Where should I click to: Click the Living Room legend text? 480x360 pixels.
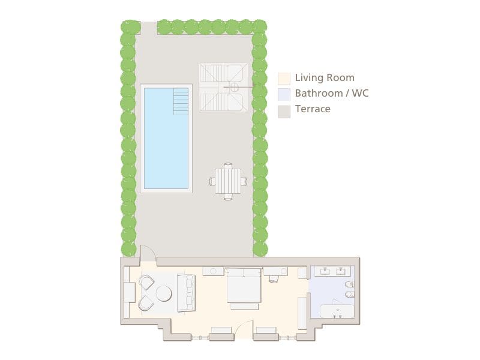click(x=325, y=78)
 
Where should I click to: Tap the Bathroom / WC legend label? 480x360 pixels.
click(x=332, y=94)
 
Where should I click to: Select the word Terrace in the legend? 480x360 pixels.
click(x=313, y=109)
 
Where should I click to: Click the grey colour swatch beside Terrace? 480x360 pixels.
click(x=284, y=111)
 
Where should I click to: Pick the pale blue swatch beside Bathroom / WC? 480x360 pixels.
click(x=284, y=94)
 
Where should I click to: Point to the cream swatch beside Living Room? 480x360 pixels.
click(x=284, y=78)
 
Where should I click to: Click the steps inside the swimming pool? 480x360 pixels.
click(x=181, y=101)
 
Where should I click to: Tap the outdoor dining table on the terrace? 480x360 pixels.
click(x=228, y=181)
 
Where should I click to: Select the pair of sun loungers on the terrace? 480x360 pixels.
click(x=223, y=88)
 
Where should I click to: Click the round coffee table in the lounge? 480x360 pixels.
click(x=164, y=293)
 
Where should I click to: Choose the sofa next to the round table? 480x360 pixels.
click(x=186, y=293)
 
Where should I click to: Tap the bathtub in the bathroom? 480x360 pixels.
click(x=337, y=311)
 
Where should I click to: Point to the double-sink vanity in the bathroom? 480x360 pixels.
click(x=333, y=272)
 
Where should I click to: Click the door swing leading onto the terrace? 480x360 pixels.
click(x=148, y=255)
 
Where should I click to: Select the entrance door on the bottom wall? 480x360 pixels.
click(x=244, y=331)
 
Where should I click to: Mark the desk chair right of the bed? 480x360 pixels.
click(x=274, y=279)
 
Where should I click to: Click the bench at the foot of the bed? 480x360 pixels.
click(x=244, y=306)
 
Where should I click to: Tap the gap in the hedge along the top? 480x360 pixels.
click(x=149, y=27)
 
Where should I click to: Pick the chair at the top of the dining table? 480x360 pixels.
click(x=228, y=165)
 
